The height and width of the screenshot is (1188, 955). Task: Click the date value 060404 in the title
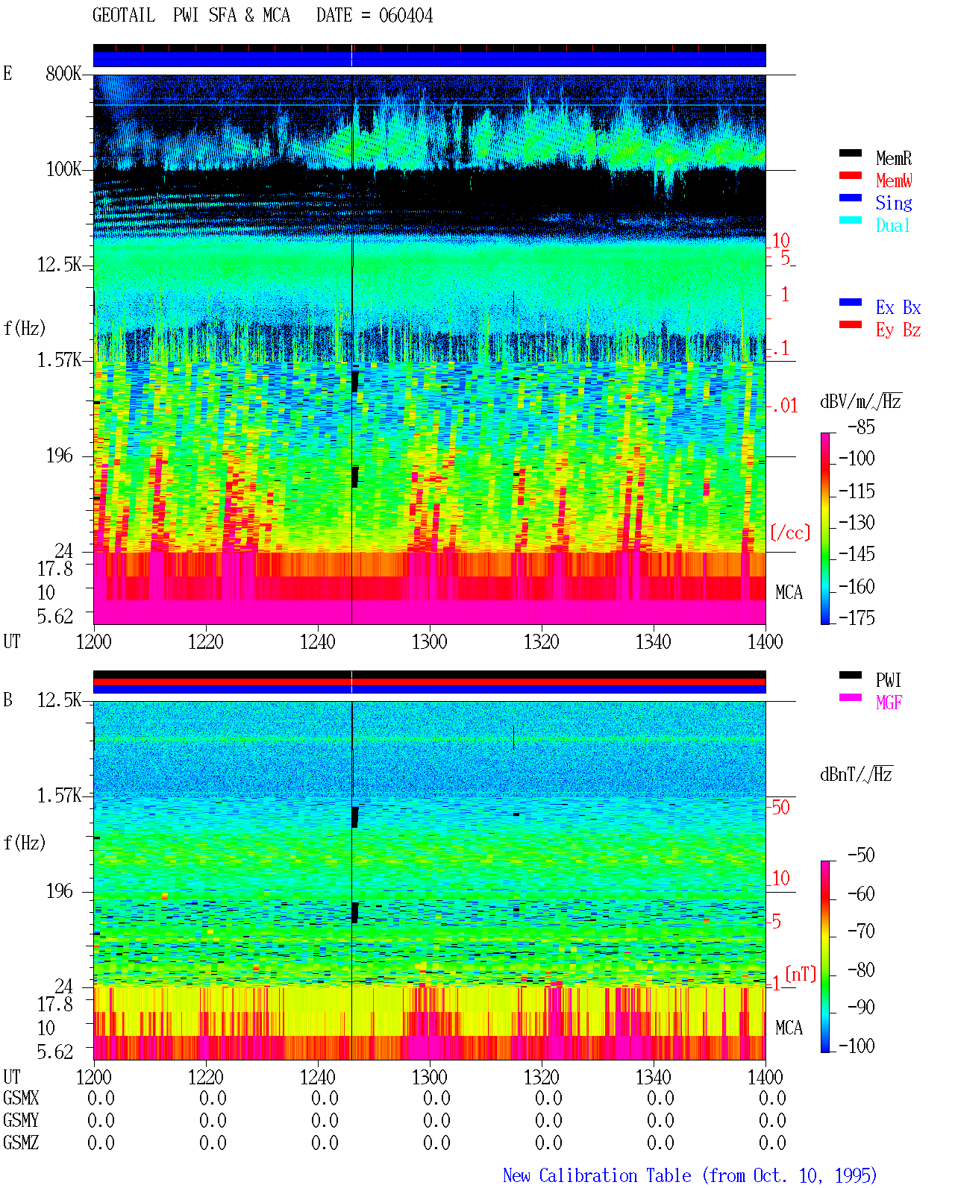coord(405,16)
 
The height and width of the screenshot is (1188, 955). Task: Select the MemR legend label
coord(893,158)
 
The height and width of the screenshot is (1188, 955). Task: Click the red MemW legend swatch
coord(850,175)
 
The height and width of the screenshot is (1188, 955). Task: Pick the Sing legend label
coord(893,203)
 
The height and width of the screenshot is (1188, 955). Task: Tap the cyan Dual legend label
coord(892,225)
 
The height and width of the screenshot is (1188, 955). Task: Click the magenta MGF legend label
coord(889,703)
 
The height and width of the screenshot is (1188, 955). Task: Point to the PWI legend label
coord(888,679)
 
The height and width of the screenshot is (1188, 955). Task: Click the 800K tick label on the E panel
coord(63,73)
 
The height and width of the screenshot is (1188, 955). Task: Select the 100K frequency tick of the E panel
coord(63,169)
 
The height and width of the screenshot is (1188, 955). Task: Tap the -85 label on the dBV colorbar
coord(861,427)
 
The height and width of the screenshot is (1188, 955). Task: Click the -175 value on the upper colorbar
coord(857,617)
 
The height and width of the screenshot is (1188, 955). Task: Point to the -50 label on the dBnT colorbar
coord(861,855)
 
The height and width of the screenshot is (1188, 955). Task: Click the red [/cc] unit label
coord(790,532)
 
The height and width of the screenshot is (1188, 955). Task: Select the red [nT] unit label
coord(801,974)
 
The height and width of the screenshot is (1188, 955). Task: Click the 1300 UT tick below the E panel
coord(429,641)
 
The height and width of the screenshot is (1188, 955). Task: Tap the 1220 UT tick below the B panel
coord(205,1077)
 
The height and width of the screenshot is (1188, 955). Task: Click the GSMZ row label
coord(21,1143)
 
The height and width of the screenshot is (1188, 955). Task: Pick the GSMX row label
coord(21,1098)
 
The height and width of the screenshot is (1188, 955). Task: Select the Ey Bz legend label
coord(898,330)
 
